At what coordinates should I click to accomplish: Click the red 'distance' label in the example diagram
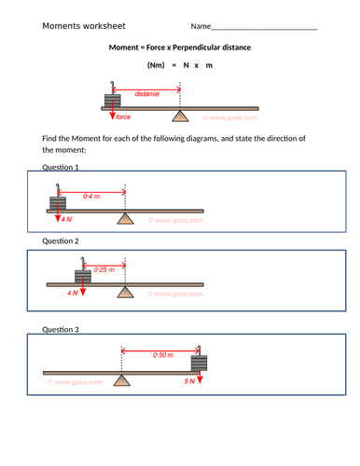tap(146, 94)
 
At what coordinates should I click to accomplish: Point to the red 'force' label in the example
tap(122, 117)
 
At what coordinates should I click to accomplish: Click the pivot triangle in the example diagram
tap(180, 116)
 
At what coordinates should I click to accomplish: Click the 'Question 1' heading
tap(61, 167)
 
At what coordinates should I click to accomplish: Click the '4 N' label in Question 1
tap(65, 219)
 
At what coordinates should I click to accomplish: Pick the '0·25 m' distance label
tap(104, 269)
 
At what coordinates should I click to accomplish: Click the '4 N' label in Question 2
tap(74, 292)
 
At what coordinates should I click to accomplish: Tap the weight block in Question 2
tap(84, 275)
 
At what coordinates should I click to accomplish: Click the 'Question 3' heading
tap(61, 329)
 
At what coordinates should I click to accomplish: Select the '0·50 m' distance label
tap(165, 355)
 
